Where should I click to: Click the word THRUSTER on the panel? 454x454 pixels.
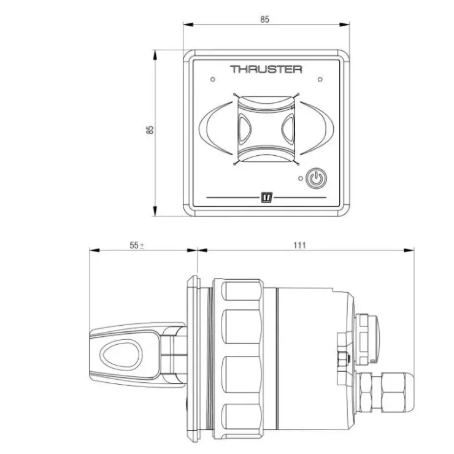tap(266, 69)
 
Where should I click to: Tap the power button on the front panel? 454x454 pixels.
tap(317, 178)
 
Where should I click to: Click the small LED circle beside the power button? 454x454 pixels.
tap(301, 179)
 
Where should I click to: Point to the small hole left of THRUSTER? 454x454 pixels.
tap(213, 79)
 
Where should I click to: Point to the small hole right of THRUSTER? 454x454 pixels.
tap(320, 79)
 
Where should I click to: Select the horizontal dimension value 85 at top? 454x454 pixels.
tap(264, 20)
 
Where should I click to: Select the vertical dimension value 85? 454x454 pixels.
tap(150, 129)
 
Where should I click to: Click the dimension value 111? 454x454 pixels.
tap(299, 245)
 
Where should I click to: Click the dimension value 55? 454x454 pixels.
tap(134, 245)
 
